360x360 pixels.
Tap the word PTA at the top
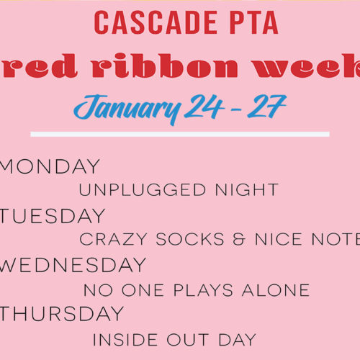click(x=254, y=22)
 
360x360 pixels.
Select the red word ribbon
click(x=165, y=66)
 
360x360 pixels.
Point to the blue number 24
click(x=204, y=106)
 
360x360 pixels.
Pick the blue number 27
click(x=267, y=106)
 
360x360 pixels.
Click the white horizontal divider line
click(x=180, y=134)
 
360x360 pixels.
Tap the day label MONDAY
click(x=50, y=166)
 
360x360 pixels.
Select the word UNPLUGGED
click(x=143, y=189)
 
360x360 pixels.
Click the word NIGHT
click(x=247, y=189)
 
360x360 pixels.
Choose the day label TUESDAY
click(x=52, y=215)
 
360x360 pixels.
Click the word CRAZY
click(x=113, y=239)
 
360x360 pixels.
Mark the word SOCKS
click(x=190, y=239)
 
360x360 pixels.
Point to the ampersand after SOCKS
click(x=239, y=239)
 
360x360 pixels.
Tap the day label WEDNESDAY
click(x=73, y=264)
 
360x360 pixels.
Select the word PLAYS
click(x=203, y=290)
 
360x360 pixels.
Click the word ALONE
click(x=276, y=290)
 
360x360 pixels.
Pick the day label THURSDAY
click(x=62, y=313)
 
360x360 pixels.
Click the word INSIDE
click(x=125, y=340)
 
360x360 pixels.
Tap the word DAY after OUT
click(x=237, y=340)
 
